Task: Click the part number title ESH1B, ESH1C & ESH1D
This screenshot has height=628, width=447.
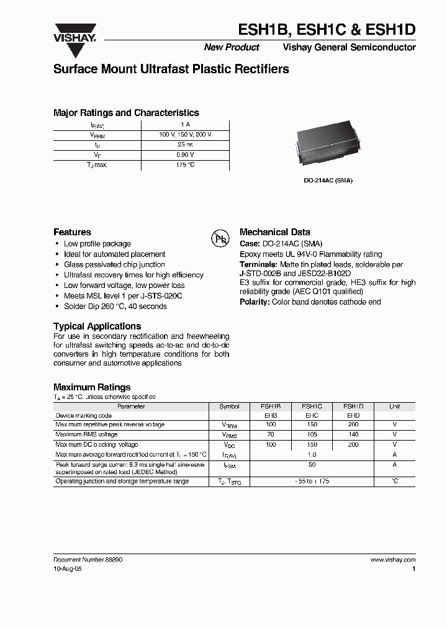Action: point(328,30)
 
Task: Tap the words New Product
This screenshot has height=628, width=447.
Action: point(232,48)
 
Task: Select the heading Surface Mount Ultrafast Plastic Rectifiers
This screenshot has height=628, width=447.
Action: point(171,70)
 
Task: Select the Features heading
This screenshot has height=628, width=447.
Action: point(72,232)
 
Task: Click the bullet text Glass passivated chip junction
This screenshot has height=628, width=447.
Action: point(114,264)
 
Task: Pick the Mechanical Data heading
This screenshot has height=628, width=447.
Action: point(274,232)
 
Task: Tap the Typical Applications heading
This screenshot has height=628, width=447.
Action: point(97,326)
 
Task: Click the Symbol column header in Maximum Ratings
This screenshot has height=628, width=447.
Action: point(229,406)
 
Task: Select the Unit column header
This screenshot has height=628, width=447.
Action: point(394,406)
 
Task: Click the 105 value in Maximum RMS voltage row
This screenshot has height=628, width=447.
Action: point(312,435)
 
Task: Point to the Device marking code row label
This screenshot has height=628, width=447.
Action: point(84,416)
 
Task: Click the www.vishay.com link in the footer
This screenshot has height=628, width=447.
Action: point(393,559)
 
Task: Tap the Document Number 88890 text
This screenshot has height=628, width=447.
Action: point(88,559)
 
